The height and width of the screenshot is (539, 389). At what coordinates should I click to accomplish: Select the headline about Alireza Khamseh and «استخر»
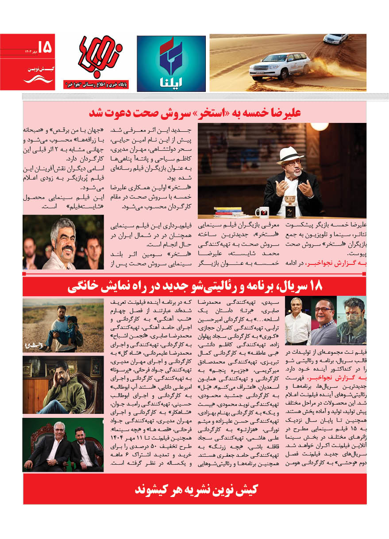(195, 113)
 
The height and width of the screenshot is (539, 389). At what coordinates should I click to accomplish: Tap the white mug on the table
(262, 212)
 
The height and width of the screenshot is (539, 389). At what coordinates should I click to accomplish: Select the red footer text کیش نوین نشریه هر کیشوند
(195, 489)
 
